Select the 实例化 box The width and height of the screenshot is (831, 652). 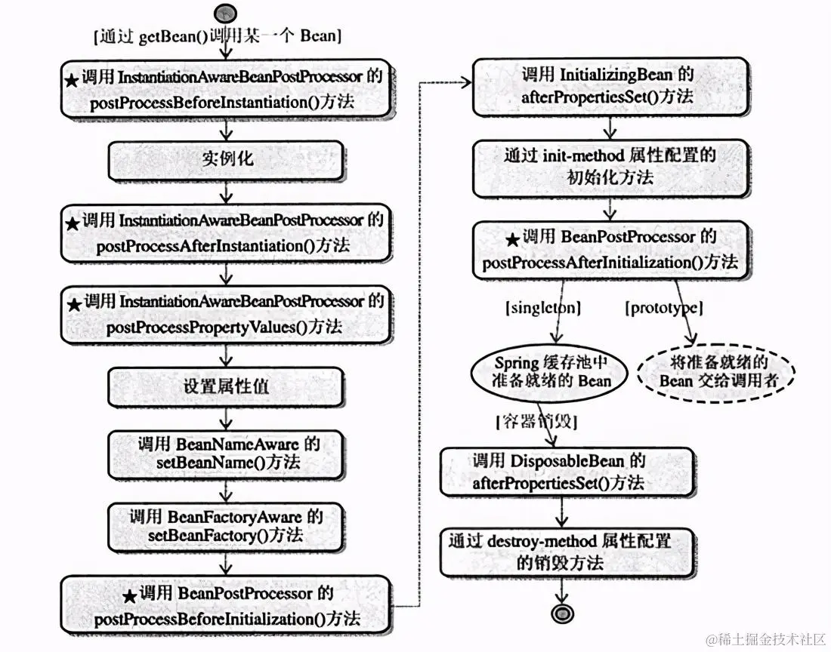(226, 160)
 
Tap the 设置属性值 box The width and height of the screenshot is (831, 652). (226, 387)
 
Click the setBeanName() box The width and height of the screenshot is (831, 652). (226, 454)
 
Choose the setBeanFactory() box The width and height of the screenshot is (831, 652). (226, 526)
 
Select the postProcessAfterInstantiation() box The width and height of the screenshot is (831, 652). (226, 233)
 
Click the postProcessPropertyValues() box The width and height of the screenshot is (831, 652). (226, 314)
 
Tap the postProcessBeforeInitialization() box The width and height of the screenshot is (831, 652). (226, 606)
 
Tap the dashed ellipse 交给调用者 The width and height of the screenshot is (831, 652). (714, 371)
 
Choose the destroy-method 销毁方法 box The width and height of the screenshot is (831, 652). (560, 552)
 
